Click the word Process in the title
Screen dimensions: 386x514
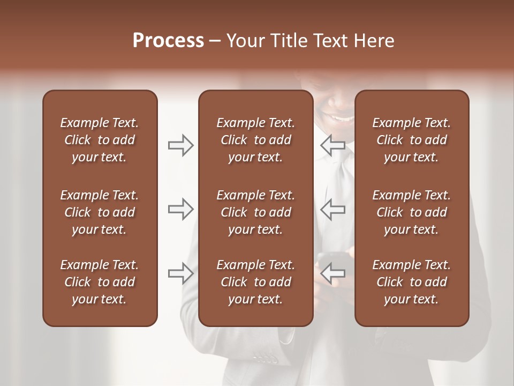[168, 41]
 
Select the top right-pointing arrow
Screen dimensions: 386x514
[180, 145]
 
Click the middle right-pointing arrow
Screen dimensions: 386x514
[180, 209]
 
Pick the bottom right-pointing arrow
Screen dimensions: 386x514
[180, 273]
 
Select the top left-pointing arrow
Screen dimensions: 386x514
[333, 145]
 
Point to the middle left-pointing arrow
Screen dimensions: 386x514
[333, 209]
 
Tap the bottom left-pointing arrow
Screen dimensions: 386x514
[333, 273]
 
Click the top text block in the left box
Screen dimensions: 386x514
[100, 140]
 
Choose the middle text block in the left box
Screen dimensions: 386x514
[100, 212]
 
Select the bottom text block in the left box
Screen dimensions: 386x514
[100, 282]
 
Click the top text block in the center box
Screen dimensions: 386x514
[255, 140]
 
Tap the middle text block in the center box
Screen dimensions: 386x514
[255, 212]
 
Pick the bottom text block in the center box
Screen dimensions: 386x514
[255, 282]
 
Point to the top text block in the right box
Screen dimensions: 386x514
[411, 140]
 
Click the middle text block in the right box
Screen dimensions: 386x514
[411, 212]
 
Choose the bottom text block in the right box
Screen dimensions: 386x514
[411, 282]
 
